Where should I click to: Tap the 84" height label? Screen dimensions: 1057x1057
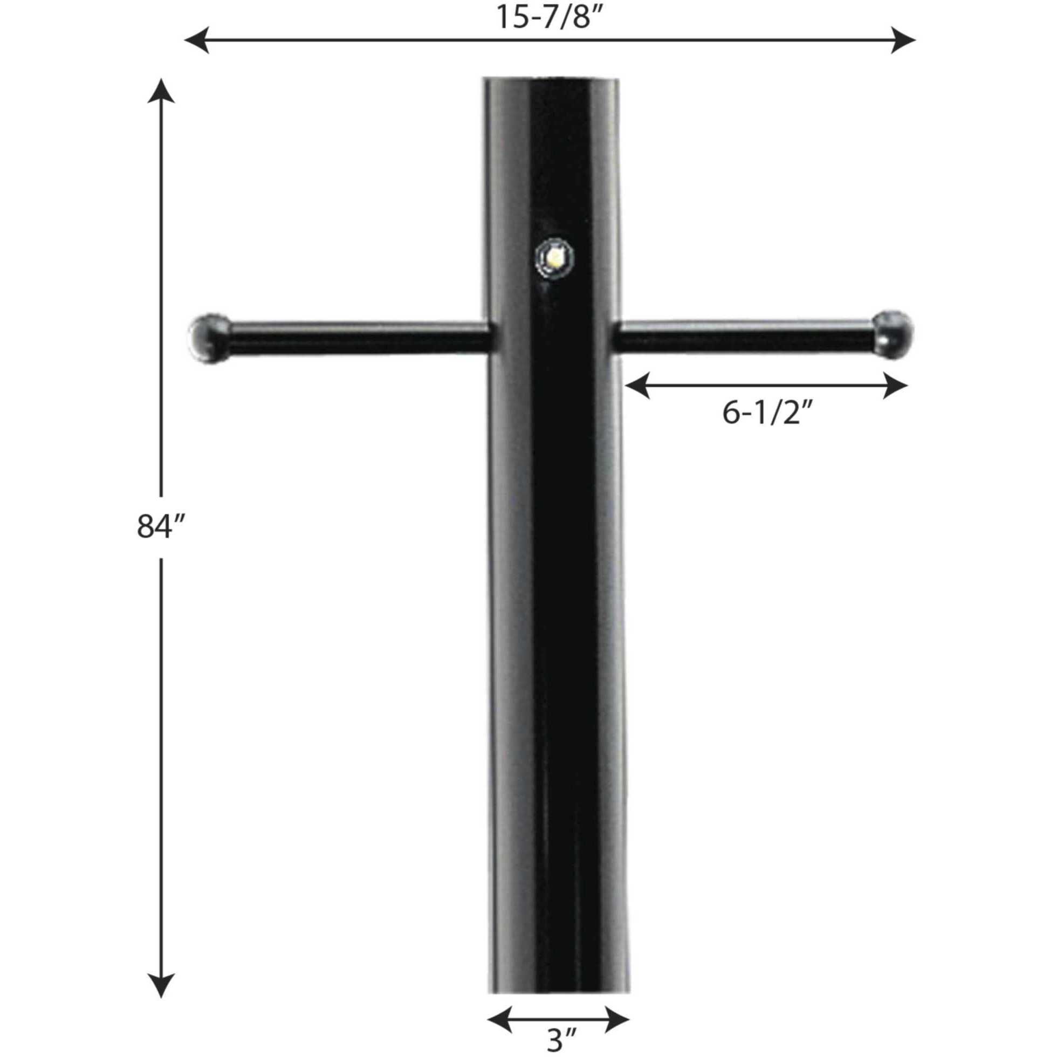(x=159, y=527)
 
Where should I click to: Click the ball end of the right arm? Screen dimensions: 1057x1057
(x=893, y=334)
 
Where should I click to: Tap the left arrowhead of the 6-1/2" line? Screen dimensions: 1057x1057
(x=638, y=386)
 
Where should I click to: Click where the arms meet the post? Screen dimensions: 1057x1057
(x=554, y=336)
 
